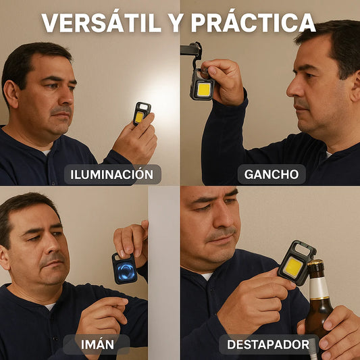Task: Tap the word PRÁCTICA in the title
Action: (253, 23)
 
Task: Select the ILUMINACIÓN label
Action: (113, 174)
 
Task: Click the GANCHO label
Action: (272, 174)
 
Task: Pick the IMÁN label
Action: (96, 345)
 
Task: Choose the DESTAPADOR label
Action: (268, 345)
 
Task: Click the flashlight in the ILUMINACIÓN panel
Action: (141, 113)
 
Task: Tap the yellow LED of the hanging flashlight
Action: (203, 89)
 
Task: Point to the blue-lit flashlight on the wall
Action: (125, 268)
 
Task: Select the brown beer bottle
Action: (318, 304)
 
